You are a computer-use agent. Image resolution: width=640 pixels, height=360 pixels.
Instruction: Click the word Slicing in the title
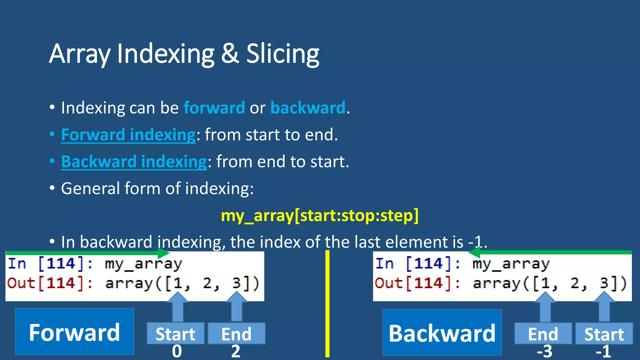(x=282, y=54)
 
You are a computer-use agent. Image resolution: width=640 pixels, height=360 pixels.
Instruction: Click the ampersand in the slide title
(x=230, y=54)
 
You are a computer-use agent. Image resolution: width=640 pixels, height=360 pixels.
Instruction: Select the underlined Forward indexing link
(x=128, y=135)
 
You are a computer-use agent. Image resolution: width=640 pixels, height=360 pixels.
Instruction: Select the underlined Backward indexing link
(x=134, y=162)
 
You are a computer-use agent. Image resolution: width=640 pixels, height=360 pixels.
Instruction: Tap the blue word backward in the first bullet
(x=308, y=108)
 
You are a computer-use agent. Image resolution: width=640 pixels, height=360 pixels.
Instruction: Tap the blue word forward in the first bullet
(x=214, y=108)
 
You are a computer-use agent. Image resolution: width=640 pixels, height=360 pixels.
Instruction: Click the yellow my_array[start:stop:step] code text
(x=319, y=216)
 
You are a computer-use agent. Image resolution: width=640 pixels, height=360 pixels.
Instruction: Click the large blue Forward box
(x=75, y=332)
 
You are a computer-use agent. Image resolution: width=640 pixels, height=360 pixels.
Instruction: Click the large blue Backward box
(x=442, y=332)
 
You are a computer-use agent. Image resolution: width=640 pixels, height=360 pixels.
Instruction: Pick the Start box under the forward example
(x=175, y=334)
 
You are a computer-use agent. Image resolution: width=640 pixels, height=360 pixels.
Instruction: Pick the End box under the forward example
(x=236, y=334)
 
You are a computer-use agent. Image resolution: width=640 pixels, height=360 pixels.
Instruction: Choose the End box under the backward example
(x=543, y=334)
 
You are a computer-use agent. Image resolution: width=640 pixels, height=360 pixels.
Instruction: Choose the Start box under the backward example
(x=604, y=334)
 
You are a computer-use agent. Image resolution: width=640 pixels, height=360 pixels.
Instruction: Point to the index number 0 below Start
(x=177, y=352)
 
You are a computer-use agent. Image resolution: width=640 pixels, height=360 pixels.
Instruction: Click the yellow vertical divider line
(x=327, y=303)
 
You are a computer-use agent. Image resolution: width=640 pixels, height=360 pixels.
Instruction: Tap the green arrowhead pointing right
(x=163, y=252)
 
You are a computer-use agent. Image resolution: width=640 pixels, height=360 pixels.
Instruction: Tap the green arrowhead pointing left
(x=475, y=252)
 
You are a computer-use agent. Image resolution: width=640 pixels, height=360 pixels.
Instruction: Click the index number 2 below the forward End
(x=236, y=352)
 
